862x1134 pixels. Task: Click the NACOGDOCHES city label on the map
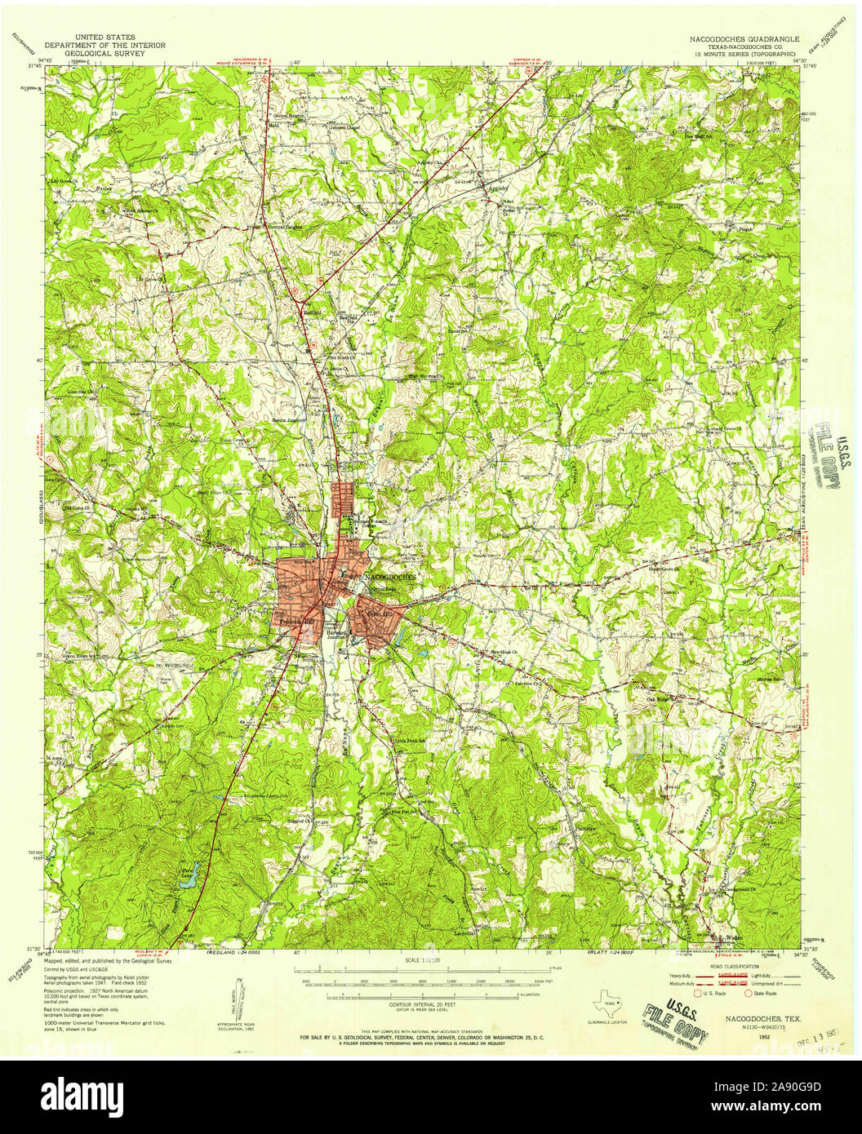[x=390, y=576]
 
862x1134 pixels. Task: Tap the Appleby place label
[x=497, y=187]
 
